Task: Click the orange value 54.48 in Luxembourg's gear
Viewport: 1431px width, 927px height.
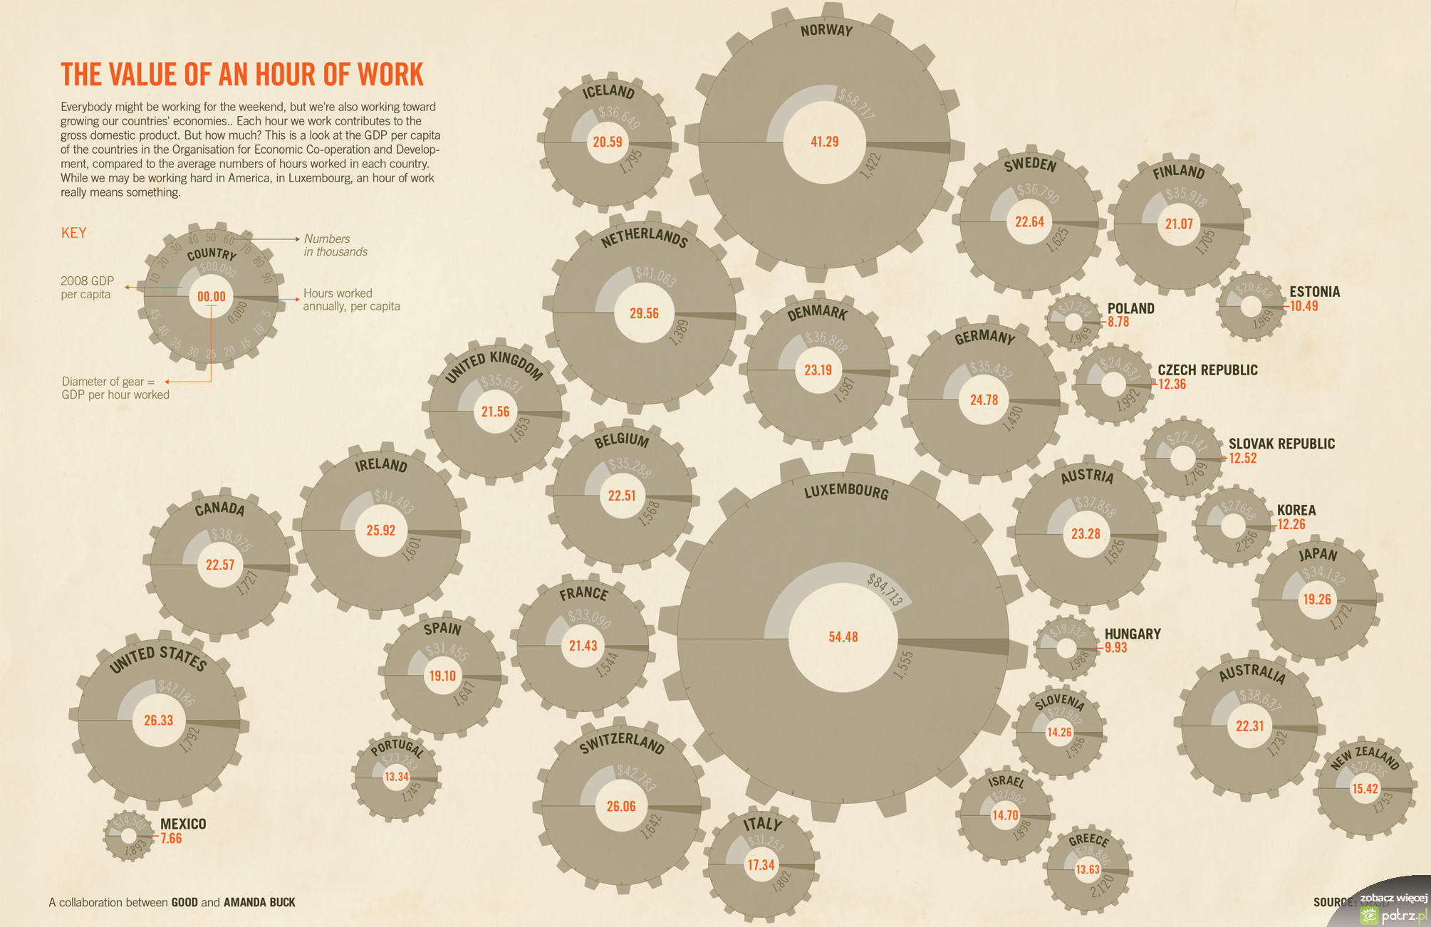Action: pos(843,637)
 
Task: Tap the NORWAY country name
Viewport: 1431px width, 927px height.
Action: pos(826,31)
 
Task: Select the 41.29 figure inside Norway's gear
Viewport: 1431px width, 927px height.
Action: pos(824,142)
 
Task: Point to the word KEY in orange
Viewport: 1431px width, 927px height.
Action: pos(73,233)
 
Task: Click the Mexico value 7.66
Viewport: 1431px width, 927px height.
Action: pos(171,838)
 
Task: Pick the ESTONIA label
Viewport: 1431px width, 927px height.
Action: pos(1314,291)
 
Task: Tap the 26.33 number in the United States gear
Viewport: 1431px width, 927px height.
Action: pos(158,720)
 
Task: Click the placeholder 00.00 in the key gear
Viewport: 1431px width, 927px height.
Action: pos(211,296)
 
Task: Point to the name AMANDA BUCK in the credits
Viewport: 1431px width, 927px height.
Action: pos(259,902)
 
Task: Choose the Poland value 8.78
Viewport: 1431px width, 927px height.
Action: pos(1118,322)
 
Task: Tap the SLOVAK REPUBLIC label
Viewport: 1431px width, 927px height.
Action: pos(1281,444)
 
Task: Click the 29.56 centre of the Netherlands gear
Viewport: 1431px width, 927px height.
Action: pos(644,313)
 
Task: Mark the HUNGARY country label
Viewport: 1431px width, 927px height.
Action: pos(1133,634)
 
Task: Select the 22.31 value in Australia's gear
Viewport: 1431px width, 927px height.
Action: pos(1249,726)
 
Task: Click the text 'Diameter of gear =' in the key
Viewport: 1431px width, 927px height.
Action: pos(108,382)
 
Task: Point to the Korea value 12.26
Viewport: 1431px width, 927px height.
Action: pos(1291,525)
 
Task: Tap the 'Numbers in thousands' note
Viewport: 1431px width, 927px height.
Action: pos(335,245)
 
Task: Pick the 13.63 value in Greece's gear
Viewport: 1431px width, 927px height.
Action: pos(1088,869)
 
